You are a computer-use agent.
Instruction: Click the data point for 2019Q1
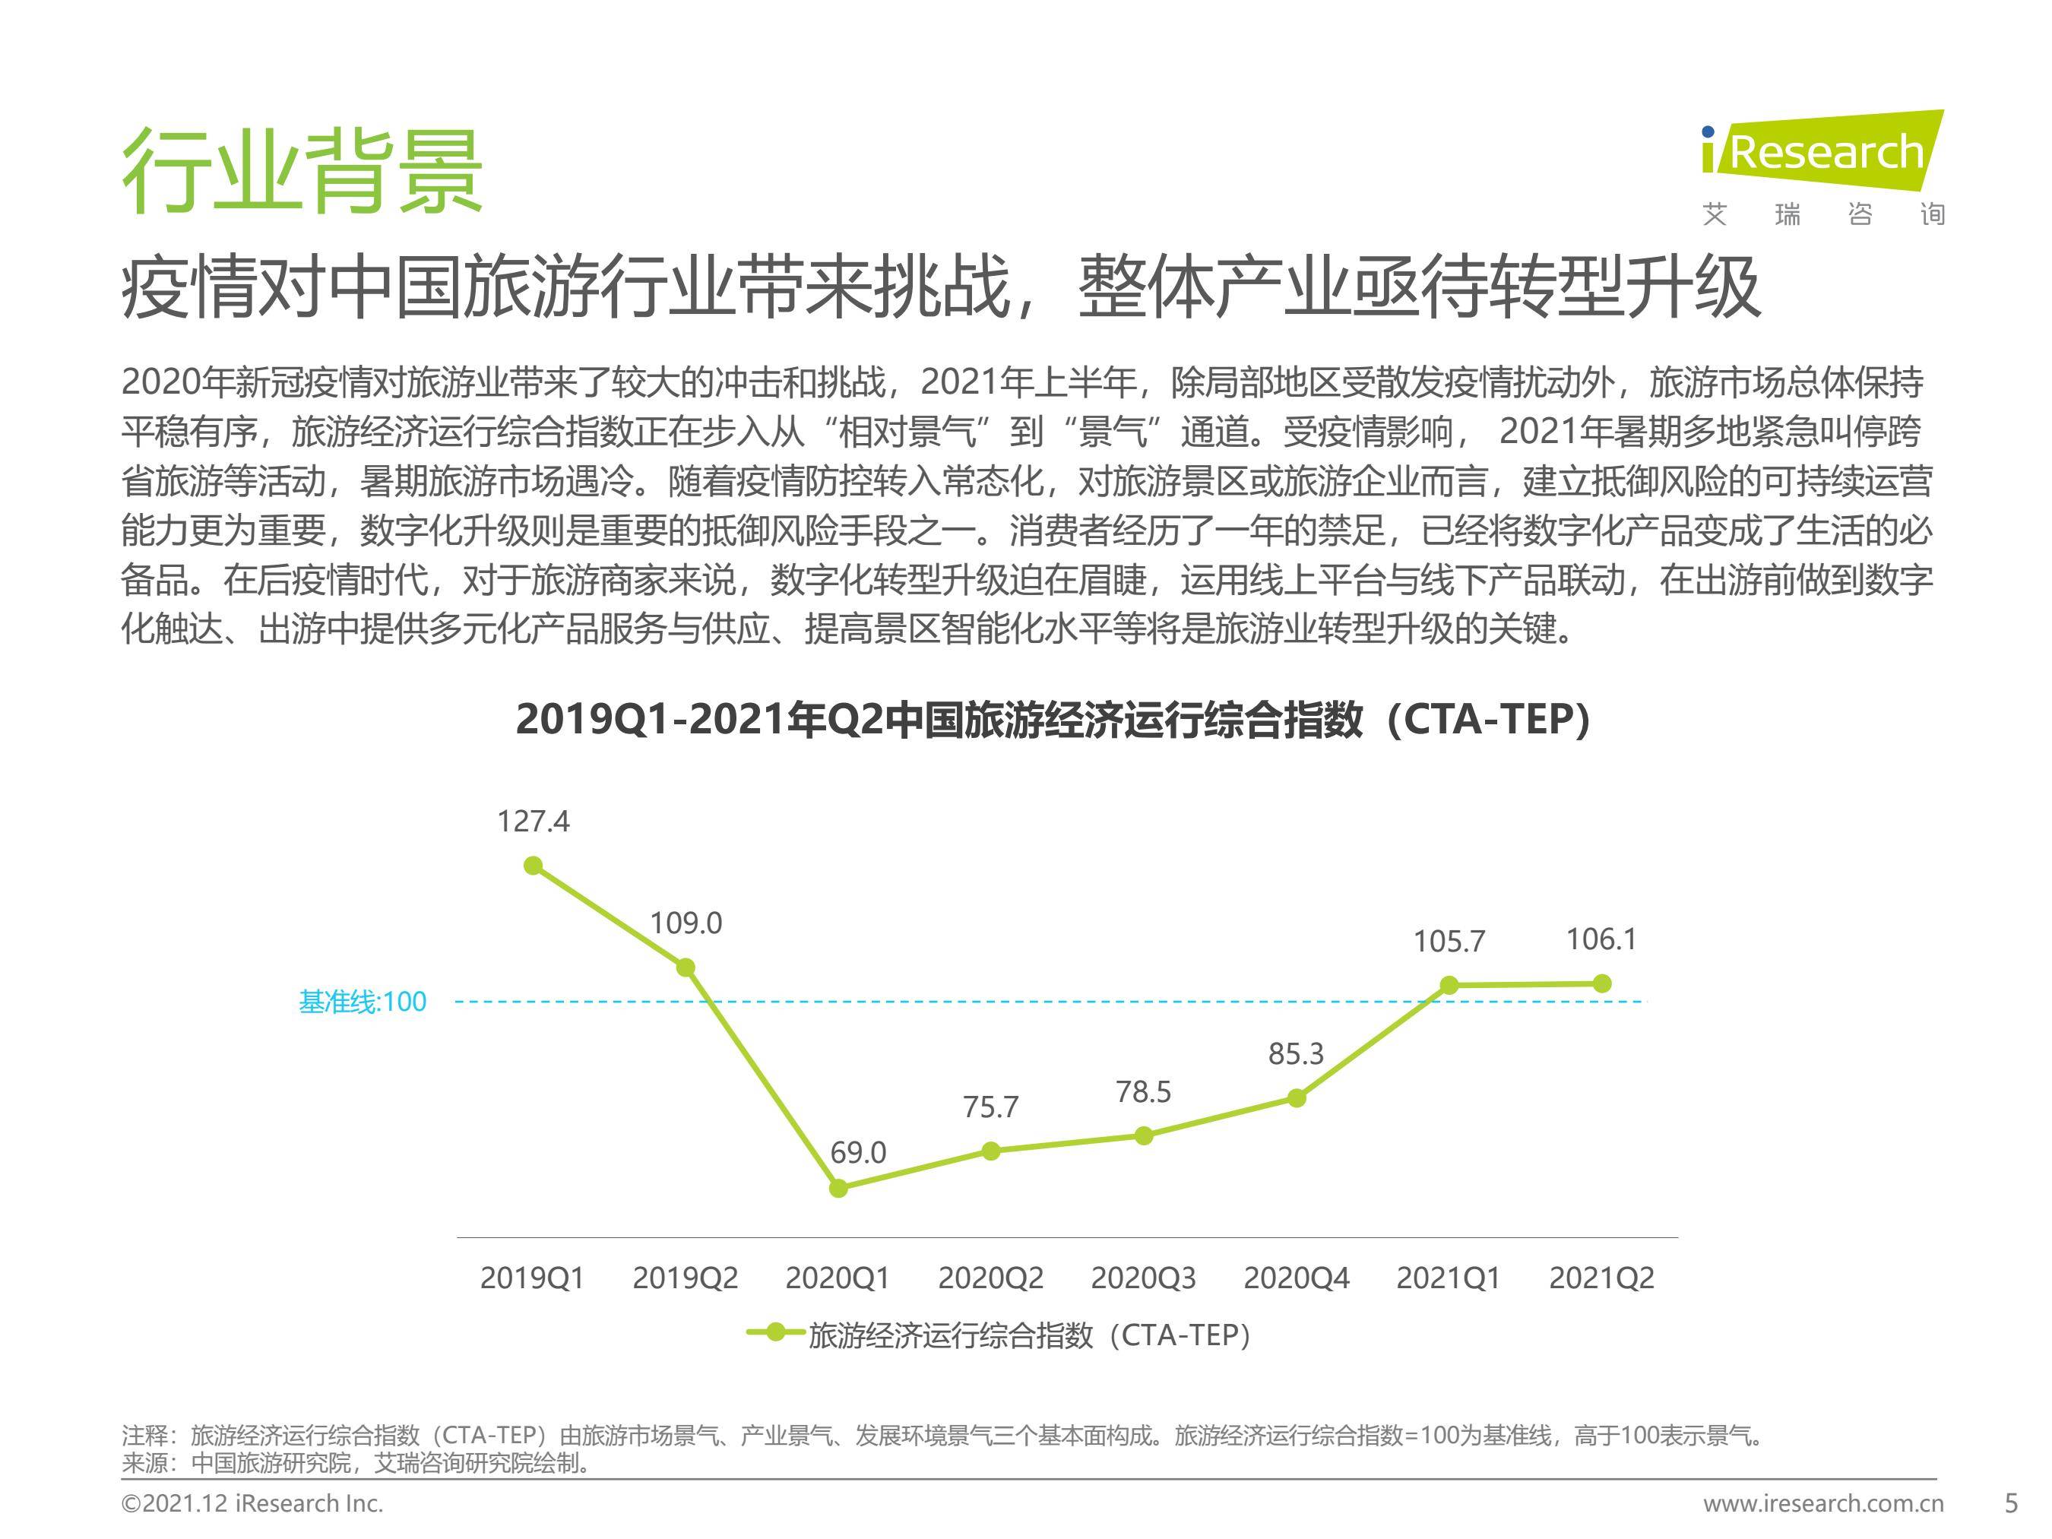click(x=534, y=866)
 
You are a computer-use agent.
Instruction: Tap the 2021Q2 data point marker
click(x=1602, y=983)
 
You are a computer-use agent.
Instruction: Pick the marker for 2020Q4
click(x=1297, y=1098)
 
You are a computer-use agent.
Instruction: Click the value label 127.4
click(x=534, y=822)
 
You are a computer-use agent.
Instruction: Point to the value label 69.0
click(x=858, y=1153)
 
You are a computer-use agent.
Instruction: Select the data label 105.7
click(x=1449, y=942)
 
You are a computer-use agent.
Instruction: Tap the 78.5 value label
click(x=1143, y=1092)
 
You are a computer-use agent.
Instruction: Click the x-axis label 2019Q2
click(x=686, y=1278)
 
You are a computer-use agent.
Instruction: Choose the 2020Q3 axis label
click(x=1143, y=1278)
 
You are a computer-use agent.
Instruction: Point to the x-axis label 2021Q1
click(x=1448, y=1278)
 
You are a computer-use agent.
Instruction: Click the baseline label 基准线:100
click(x=363, y=1002)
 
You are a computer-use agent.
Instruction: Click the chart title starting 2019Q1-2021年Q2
click(x=1053, y=720)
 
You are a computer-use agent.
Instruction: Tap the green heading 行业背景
click(x=302, y=172)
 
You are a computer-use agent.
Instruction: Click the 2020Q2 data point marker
click(x=991, y=1151)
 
